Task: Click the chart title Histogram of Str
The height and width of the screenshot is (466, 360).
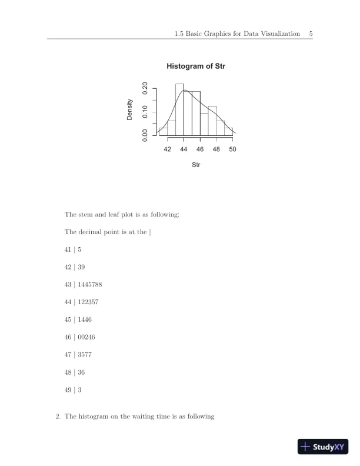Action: pyautogui.click(x=196, y=66)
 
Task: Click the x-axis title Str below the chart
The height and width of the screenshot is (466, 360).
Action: pyautogui.click(x=196, y=165)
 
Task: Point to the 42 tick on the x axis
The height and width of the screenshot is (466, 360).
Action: pyautogui.click(x=168, y=149)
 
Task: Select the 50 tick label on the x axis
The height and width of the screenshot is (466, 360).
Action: pyautogui.click(x=232, y=149)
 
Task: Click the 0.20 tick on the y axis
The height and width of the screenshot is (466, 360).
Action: pyautogui.click(x=145, y=88)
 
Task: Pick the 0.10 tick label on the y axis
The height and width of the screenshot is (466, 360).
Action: pyautogui.click(x=145, y=112)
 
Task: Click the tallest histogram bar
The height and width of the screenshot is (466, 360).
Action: pyautogui.click(x=179, y=109)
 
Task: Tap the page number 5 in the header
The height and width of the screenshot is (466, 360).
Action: pyautogui.click(x=311, y=34)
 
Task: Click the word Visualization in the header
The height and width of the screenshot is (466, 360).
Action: pyautogui.click(x=275, y=34)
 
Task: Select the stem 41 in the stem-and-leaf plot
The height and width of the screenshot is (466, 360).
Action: pyautogui.click(x=68, y=249)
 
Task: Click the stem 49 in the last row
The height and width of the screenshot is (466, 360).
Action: pyautogui.click(x=68, y=390)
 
